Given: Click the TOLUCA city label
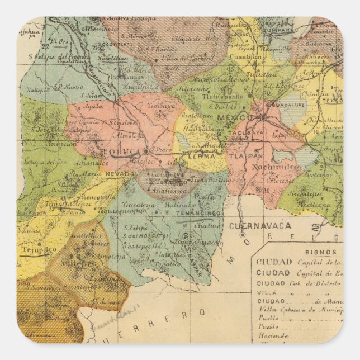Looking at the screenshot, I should (122, 151).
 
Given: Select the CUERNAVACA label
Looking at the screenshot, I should (268, 226).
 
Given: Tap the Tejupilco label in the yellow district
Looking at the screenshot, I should (39, 249).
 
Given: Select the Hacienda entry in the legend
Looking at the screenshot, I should (273, 335).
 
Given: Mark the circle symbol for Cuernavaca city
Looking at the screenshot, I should (243, 235).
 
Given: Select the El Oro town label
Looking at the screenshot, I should (57, 41).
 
